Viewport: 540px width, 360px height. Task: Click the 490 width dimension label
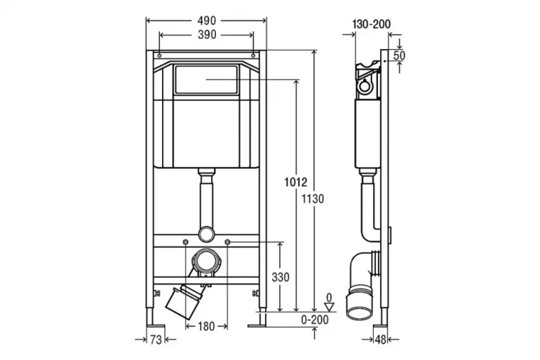(x=207, y=21)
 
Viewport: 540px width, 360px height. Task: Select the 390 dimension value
(x=207, y=35)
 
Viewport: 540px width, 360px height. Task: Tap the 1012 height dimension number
(x=295, y=182)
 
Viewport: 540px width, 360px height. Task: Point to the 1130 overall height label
(x=312, y=199)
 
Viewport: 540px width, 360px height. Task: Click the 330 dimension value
(x=280, y=277)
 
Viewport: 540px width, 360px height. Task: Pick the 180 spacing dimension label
(x=207, y=326)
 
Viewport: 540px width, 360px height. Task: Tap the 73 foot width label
(x=156, y=340)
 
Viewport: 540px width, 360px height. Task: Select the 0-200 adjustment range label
(x=315, y=320)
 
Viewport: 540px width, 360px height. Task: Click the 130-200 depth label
(x=372, y=24)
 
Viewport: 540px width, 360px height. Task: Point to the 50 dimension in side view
(x=399, y=55)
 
